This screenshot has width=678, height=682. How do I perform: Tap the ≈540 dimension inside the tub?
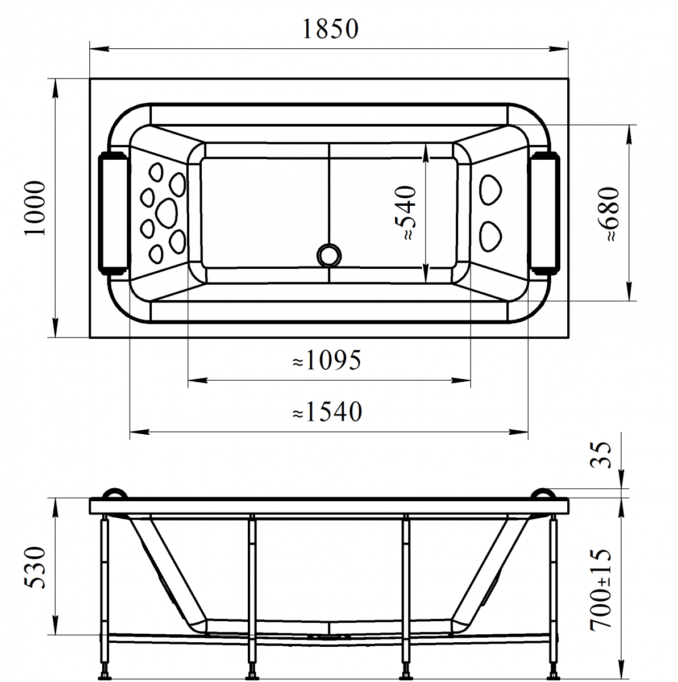coord(405,213)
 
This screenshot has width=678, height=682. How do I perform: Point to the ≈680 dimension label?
coord(608,214)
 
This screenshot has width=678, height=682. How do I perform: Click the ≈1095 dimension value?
coord(327,360)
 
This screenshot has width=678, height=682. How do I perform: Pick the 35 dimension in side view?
coord(601,455)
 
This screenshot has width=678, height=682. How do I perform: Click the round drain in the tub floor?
coord(329,255)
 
